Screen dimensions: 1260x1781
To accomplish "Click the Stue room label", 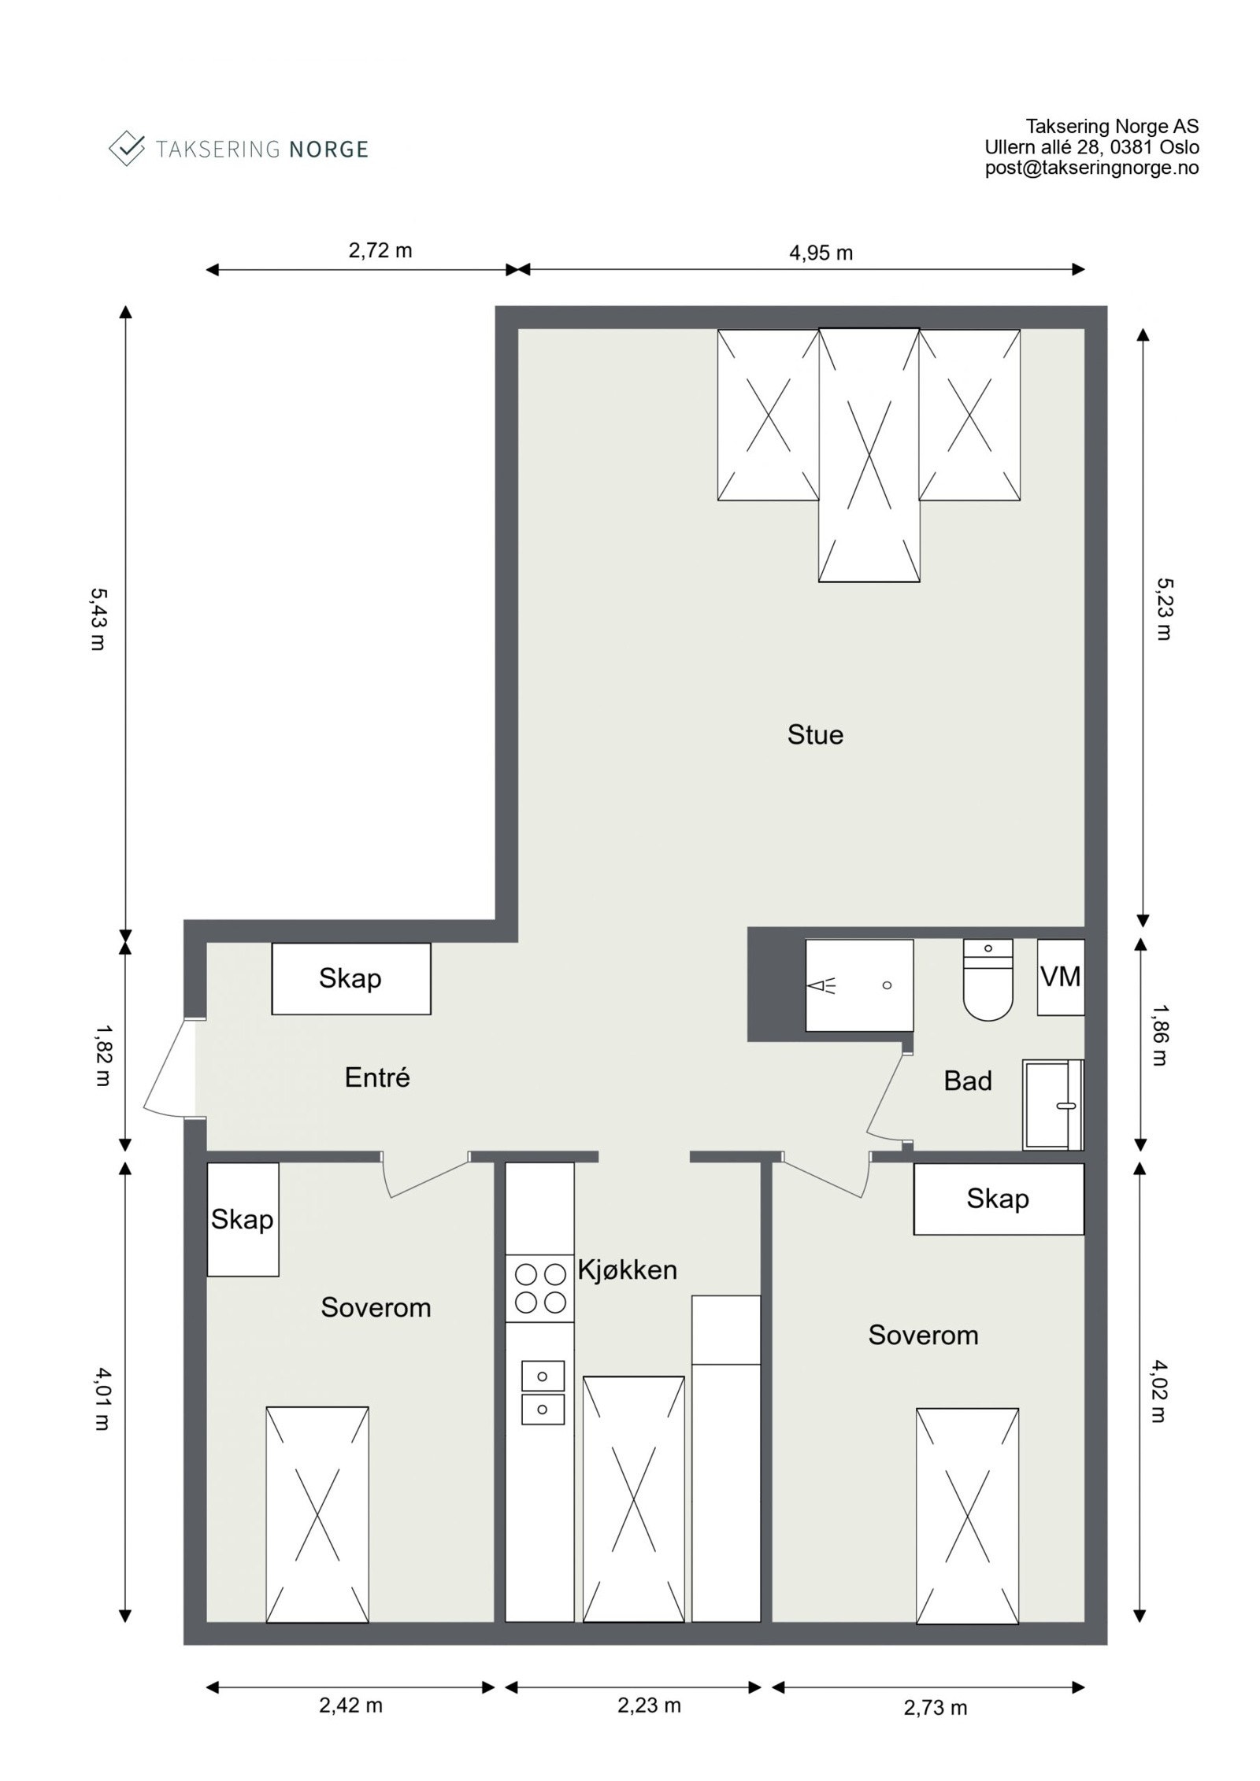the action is coord(815,735).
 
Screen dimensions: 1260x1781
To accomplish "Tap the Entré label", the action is coord(377,1077).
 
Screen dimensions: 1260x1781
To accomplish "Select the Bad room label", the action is coord(968,1081).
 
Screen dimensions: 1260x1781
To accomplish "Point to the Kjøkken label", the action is coord(628,1270).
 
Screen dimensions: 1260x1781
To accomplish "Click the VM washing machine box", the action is coord(1060,977).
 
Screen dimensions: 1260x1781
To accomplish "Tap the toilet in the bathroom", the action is coord(988,979).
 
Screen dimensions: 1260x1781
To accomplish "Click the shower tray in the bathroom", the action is coord(859,985).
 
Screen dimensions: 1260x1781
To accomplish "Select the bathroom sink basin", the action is coord(1054,1105).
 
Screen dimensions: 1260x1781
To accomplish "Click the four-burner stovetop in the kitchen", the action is coord(540,1288).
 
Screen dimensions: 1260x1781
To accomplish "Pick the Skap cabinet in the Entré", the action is coord(351,978).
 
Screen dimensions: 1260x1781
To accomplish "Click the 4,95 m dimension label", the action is coord(821,253).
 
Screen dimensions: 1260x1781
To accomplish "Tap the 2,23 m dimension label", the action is coord(649,1727).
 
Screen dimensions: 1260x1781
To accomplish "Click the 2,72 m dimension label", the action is coord(380,250).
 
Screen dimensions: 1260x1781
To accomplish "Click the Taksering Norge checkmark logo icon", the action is coord(127,148).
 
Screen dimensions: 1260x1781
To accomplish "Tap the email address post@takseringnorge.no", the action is coord(1092,168).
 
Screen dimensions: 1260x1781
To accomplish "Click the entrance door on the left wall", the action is coord(169,1067).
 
